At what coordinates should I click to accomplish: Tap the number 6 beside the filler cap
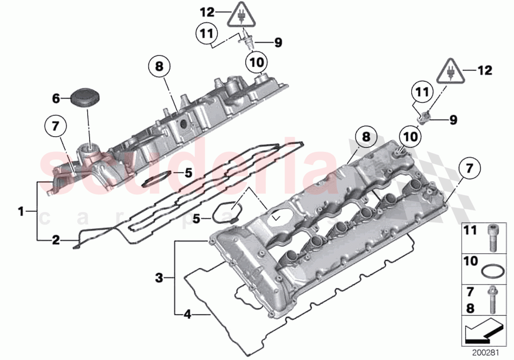tap(57, 99)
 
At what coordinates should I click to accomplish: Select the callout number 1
tap(21, 212)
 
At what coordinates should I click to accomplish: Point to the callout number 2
tap(56, 240)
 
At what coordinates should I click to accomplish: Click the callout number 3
tap(159, 279)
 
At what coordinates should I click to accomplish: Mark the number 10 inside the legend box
tap(470, 262)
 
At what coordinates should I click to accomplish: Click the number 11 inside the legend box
tap(470, 230)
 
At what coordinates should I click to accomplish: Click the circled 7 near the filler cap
tap(56, 127)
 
